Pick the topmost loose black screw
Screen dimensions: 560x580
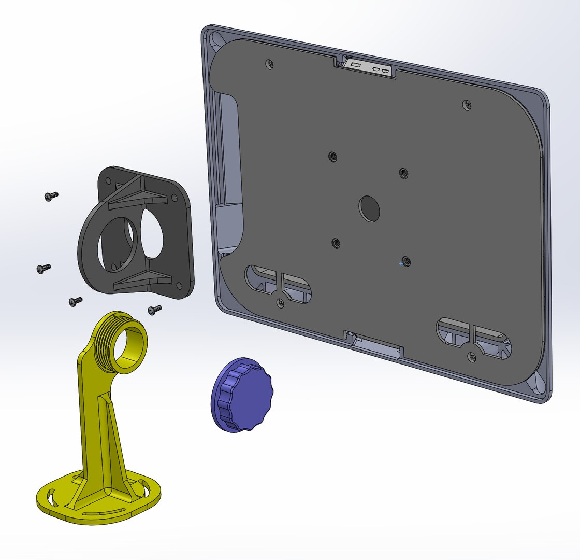tap(51, 196)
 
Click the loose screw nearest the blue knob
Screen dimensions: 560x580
tap(154, 310)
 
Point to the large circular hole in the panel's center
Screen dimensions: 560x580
tap(369, 208)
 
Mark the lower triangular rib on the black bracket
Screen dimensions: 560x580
tap(140, 280)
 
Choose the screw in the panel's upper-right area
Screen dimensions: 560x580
tap(467, 105)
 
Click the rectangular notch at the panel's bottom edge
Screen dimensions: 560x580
tap(375, 343)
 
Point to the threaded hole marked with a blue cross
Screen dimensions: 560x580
tap(407, 261)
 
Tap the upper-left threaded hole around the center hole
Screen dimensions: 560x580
tap(332, 157)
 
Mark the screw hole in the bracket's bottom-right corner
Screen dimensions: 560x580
tap(179, 286)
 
